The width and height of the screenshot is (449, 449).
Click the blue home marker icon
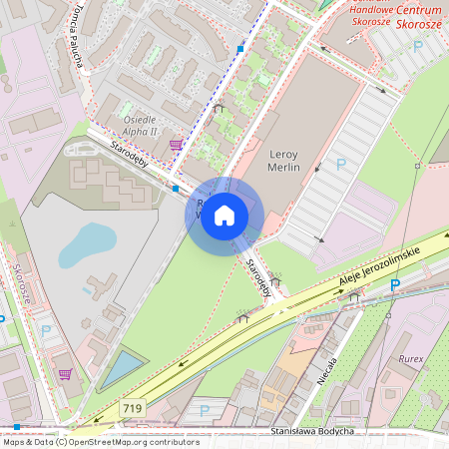click(224, 215)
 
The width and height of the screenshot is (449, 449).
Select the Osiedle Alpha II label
click(140, 124)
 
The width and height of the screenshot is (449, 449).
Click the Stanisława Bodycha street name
click(313, 431)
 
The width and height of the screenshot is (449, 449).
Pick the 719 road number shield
click(132, 408)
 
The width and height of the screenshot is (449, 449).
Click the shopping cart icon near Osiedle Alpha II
click(177, 145)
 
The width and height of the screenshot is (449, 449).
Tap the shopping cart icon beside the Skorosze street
click(66, 375)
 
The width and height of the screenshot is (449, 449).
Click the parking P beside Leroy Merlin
click(340, 165)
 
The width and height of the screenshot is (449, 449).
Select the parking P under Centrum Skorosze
click(418, 46)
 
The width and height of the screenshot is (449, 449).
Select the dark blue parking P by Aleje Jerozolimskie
click(395, 284)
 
